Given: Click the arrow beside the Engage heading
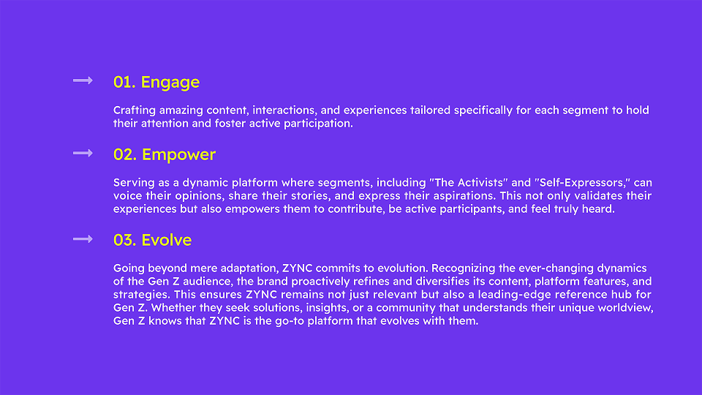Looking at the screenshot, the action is (83, 80).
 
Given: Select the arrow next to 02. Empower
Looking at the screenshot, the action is (83, 153).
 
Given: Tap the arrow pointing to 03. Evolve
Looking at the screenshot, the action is (83, 239).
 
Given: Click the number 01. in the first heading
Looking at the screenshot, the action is (124, 82).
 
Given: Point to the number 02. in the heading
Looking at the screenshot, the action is (125, 154).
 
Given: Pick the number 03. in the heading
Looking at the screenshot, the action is (125, 240).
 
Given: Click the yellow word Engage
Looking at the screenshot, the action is (170, 83).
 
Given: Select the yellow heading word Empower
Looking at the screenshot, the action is (178, 155).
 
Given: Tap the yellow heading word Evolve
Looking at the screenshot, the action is (167, 240).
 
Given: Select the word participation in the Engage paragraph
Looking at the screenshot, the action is (318, 124).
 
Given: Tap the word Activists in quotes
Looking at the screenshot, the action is (481, 183).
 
